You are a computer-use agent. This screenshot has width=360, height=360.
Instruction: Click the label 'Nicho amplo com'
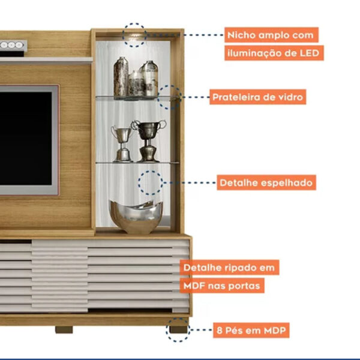(270, 34)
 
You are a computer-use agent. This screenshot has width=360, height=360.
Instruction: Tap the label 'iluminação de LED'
(274, 53)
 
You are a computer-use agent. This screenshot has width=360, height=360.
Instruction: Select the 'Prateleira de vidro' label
(257, 97)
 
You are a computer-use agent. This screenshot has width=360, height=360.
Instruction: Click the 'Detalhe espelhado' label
(266, 182)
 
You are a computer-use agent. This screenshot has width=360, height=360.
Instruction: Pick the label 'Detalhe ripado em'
(230, 267)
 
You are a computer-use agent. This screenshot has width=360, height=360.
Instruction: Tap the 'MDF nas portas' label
(222, 285)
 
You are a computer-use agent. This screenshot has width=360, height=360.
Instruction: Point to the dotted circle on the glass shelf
(169, 97)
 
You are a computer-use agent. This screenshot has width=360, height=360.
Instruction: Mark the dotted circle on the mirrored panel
(150, 182)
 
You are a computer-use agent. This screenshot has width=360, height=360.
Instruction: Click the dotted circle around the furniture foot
(178, 329)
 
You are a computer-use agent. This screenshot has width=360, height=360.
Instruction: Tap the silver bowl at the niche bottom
(136, 217)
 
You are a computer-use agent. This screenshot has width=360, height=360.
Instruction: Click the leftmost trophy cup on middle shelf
(122, 143)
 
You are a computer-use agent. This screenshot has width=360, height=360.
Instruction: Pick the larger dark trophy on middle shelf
(148, 140)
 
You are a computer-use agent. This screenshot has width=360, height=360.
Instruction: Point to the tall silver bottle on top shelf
(121, 77)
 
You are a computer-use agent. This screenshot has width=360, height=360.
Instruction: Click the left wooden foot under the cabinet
(64, 329)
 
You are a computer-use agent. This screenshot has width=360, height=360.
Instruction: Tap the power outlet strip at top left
(12, 45)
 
